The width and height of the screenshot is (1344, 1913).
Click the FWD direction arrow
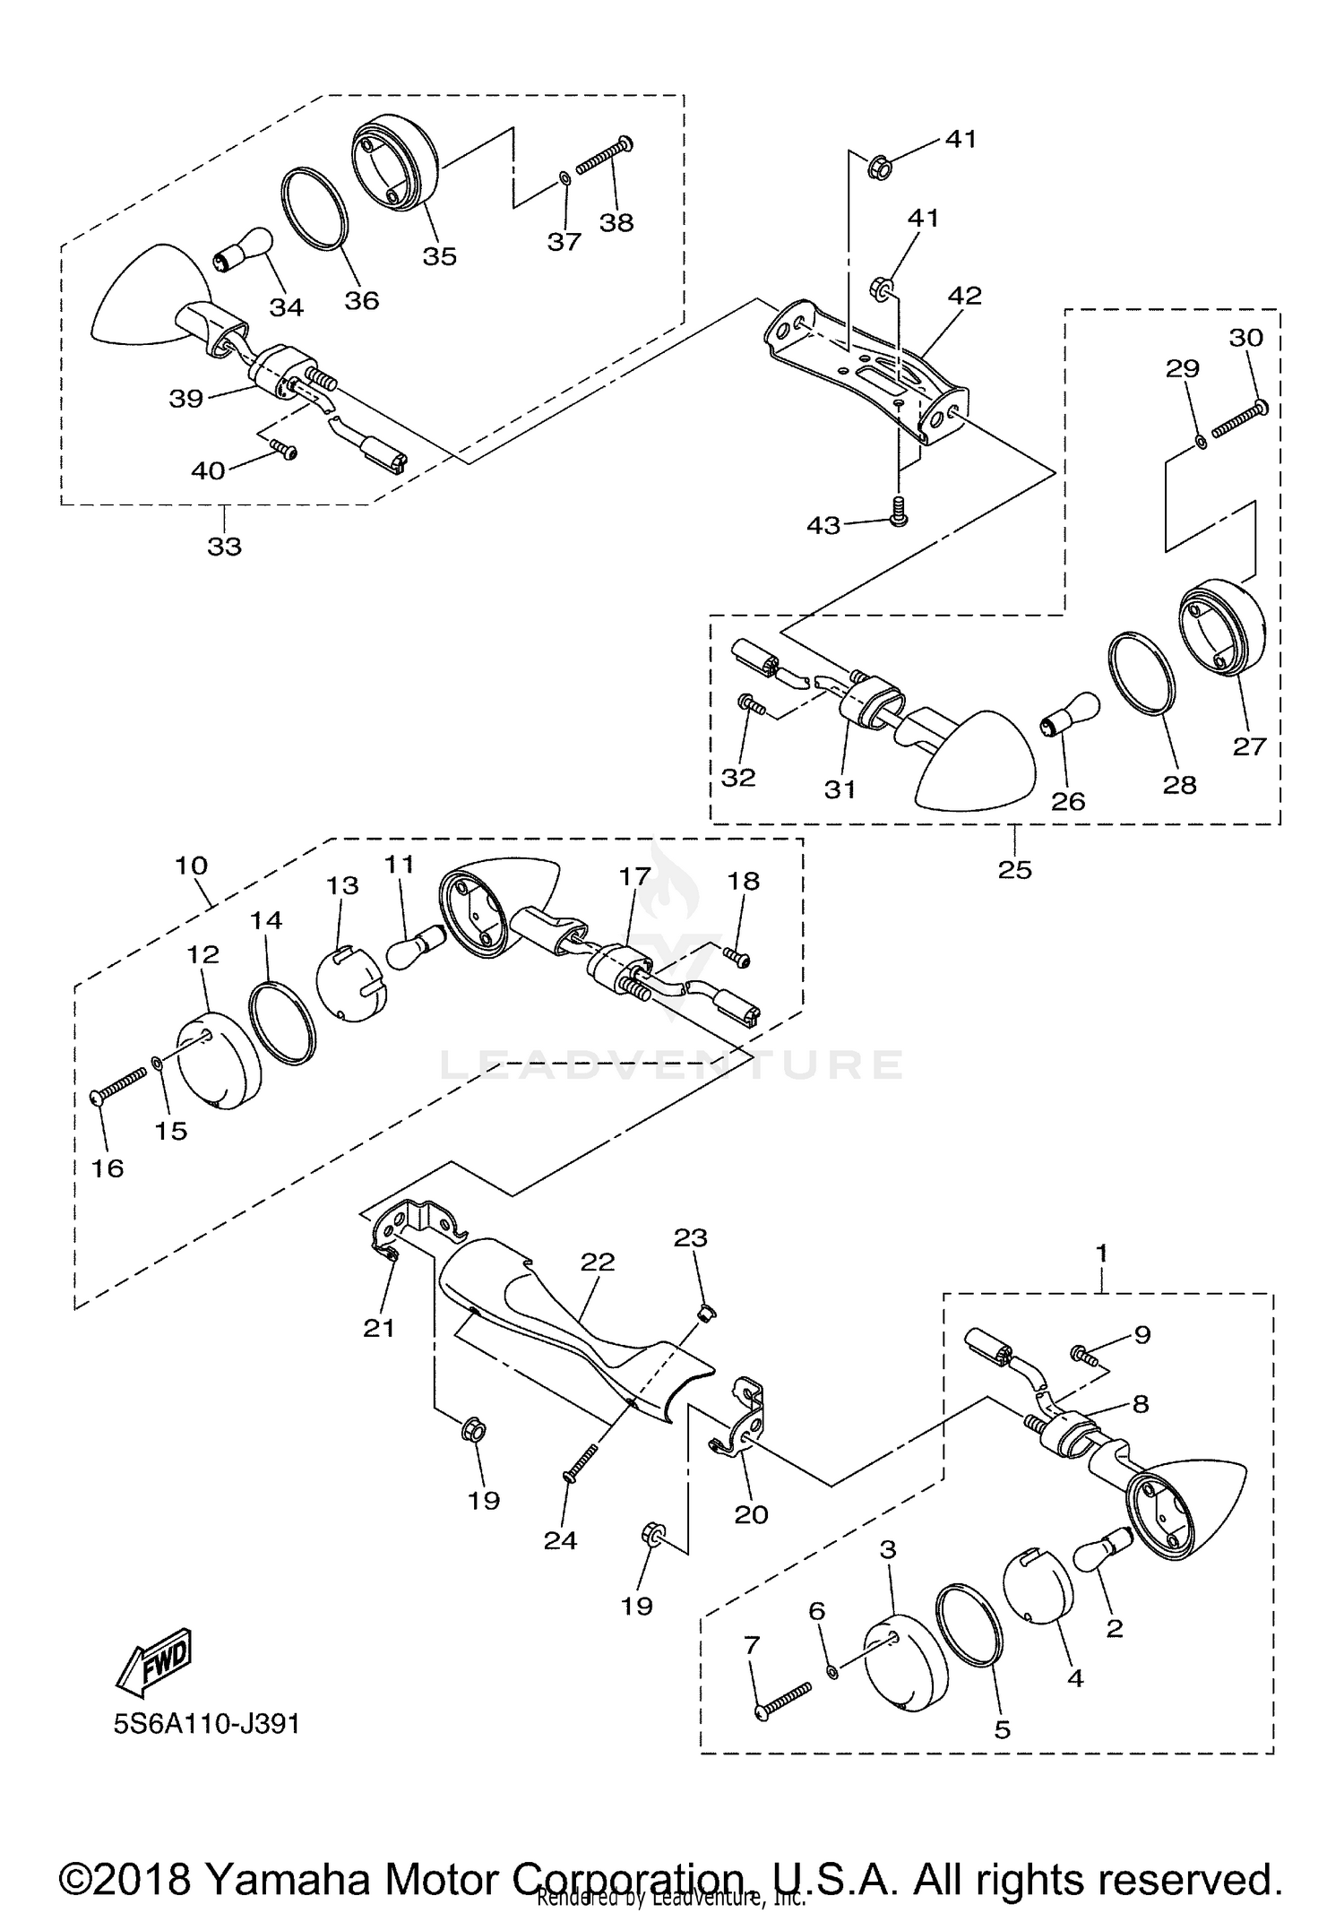click(x=154, y=1660)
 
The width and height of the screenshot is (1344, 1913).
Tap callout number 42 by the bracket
click(x=964, y=296)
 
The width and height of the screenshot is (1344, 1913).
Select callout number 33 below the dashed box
click(x=224, y=546)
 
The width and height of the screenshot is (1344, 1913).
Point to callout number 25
click(x=1015, y=869)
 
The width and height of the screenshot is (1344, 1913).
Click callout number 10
click(x=191, y=866)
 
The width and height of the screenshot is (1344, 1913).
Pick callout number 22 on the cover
click(x=598, y=1262)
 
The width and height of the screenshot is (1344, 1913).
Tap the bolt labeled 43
click(x=896, y=512)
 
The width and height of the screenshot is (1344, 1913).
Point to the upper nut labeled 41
click(x=878, y=167)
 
